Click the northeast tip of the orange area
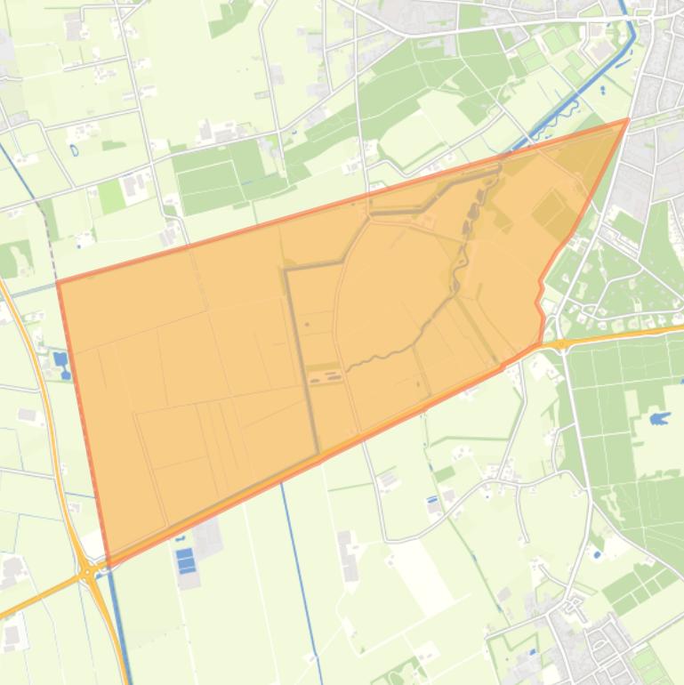click(x=628, y=119)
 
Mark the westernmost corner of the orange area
click(x=58, y=282)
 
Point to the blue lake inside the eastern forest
click(x=659, y=417)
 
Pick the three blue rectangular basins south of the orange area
click(x=186, y=561)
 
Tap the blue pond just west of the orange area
click(x=60, y=360)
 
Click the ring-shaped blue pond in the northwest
click(x=72, y=149)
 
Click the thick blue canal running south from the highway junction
click(x=119, y=632)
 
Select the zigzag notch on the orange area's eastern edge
click(x=540, y=302)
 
